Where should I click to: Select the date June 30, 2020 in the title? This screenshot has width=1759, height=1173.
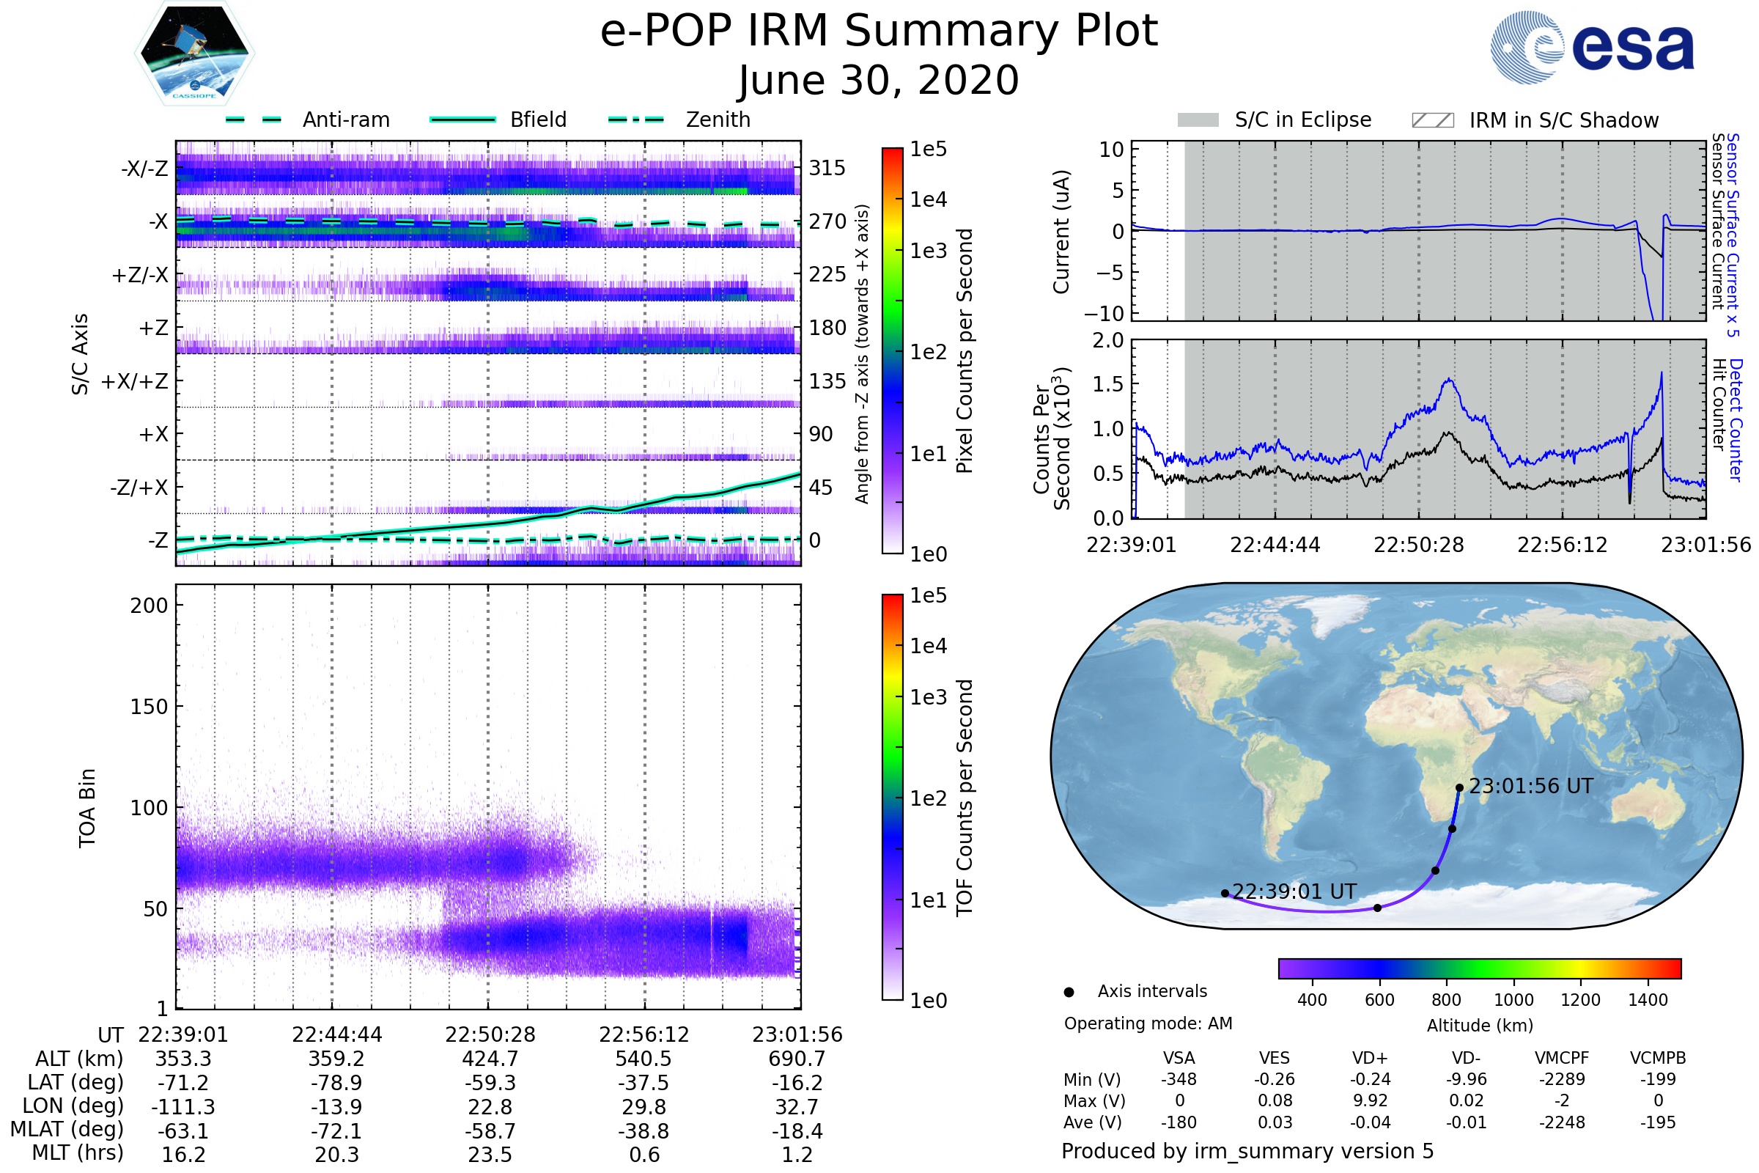tap(879, 80)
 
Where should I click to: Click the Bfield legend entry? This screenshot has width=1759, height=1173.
tap(538, 119)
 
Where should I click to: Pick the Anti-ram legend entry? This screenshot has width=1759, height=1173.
tap(345, 119)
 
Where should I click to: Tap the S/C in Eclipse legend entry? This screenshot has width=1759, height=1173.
tap(1302, 119)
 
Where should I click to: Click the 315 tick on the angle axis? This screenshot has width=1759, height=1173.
tap(827, 168)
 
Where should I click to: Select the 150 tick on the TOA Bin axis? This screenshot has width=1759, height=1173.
tap(149, 707)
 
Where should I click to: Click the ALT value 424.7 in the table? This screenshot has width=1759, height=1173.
tap(490, 1059)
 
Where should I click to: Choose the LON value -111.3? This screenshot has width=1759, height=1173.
tap(183, 1107)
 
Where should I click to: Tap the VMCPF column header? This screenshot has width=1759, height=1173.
tap(1562, 1059)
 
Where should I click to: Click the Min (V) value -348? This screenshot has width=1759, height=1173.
tap(1179, 1079)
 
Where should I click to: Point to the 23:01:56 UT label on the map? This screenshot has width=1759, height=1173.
tap(1531, 786)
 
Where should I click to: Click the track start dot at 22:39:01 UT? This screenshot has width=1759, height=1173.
tap(1224, 893)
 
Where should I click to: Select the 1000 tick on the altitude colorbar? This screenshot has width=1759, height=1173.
tap(1513, 1000)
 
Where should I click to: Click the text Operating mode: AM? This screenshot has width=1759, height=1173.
tap(1148, 1023)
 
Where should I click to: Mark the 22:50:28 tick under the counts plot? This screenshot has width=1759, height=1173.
tap(1419, 545)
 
